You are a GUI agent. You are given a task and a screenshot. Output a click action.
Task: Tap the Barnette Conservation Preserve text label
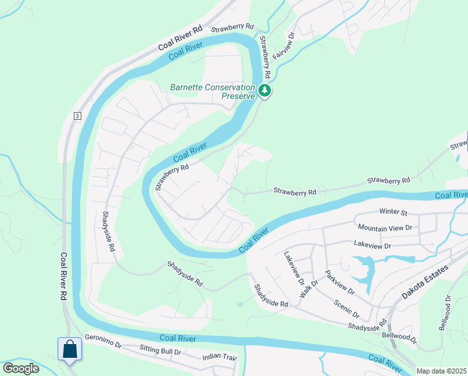coord(213,91)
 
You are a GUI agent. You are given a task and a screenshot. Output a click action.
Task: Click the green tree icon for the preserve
coord(265,91)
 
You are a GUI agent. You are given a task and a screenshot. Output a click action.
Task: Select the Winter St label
coord(394,212)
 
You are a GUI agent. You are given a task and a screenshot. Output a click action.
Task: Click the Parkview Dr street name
coord(340,283)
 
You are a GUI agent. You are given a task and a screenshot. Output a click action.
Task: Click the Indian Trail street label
coord(220,357)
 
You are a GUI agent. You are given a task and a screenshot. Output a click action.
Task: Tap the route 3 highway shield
coord(76,116)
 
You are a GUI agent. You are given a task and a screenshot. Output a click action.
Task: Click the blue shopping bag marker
coord(69,349)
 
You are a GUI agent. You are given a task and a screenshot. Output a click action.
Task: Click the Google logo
coord(21,368)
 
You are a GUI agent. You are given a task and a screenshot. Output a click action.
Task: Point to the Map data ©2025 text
coord(442,371)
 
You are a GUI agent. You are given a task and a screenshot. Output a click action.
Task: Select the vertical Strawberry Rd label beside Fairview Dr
coord(265,56)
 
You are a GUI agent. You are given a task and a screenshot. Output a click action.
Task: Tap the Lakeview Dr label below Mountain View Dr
coord(372,246)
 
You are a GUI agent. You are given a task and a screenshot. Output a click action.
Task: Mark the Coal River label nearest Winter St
coord(450,196)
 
